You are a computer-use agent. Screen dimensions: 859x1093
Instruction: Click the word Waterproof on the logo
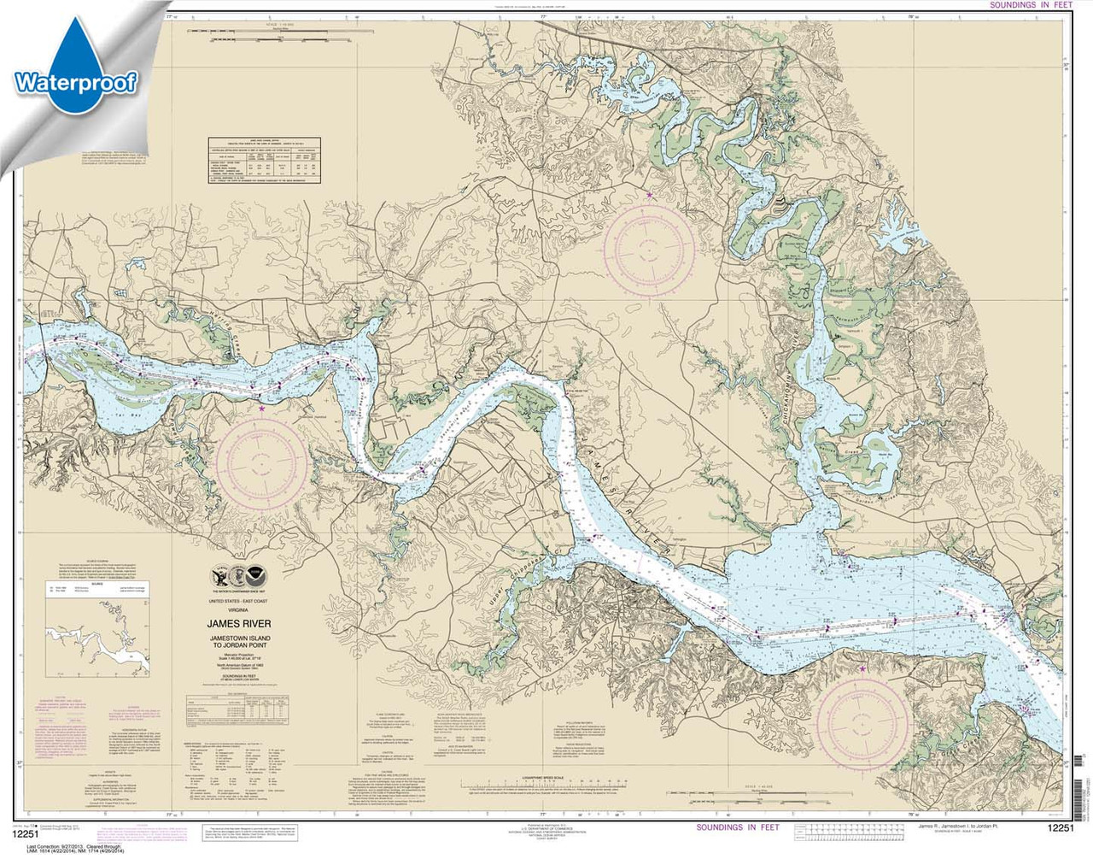pos(75,83)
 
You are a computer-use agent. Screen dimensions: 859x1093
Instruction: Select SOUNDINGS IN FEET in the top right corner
pos(1030,5)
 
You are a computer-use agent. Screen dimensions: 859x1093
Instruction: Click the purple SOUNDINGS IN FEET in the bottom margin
pos(738,827)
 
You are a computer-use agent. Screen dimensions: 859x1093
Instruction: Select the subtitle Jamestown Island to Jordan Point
pos(244,642)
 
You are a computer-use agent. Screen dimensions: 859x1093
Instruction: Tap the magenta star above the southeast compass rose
pos(862,668)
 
